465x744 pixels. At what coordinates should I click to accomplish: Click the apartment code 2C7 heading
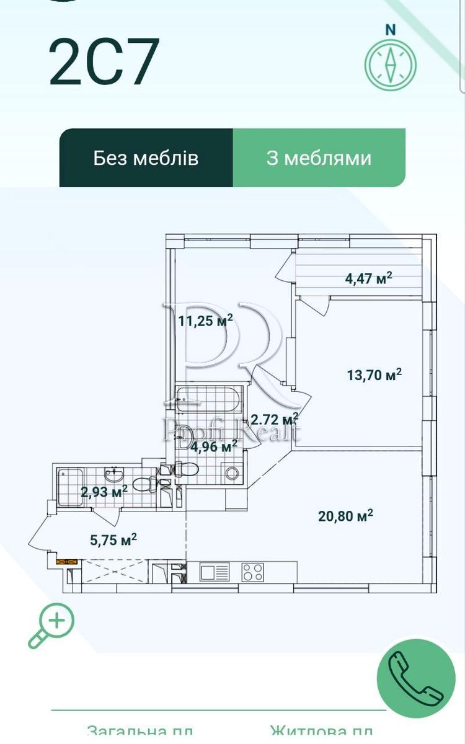(x=105, y=63)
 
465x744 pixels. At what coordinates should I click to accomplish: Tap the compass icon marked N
(x=390, y=63)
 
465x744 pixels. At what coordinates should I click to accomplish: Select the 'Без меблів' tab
(x=146, y=157)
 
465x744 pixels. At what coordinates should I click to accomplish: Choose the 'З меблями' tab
(x=319, y=157)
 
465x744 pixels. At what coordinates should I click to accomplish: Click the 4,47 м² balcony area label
(x=368, y=278)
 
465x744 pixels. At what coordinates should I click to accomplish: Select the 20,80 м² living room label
(x=345, y=515)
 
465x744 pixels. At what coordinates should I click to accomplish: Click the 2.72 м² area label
(x=274, y=420)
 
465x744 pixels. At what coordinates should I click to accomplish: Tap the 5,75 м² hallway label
(x=113, y=539)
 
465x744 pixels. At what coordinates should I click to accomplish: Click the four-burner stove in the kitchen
(x=253, y=572)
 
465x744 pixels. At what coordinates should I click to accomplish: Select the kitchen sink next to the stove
(x=214, y=572)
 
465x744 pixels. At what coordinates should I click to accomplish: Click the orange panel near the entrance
(x=66, y=562)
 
